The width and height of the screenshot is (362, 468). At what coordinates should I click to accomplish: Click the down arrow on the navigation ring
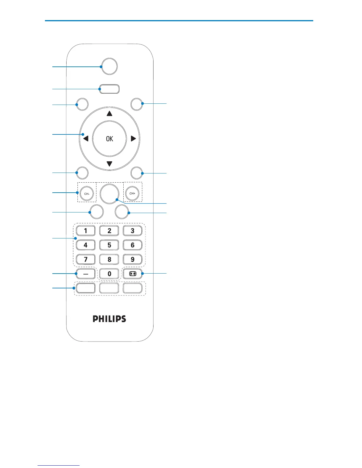(x=109, y=163)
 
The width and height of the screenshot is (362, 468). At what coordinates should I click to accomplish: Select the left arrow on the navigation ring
(x=85, y=139)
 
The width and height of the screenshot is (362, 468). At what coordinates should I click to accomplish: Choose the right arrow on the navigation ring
(x=133, y=139)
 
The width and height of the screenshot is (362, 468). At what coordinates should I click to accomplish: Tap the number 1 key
(x=86, y=231)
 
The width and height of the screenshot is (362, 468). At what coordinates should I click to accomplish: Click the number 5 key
(x=109, y=245)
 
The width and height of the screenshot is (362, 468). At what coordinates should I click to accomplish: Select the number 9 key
(x=132, y=259)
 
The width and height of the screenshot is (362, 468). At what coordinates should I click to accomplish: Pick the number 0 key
(x=109, y=274)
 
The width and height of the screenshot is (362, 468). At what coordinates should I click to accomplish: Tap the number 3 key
(x=132, y=231)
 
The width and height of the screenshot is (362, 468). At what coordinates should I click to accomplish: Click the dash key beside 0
(x=86, y=274)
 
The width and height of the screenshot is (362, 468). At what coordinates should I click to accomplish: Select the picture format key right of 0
(x=132, y=274)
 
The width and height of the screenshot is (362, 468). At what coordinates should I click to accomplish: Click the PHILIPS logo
(x=109, y=319)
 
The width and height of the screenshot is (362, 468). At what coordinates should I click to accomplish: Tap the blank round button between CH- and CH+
(x=109, y=194)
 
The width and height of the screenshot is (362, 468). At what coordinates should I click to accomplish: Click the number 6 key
(x=132, y=245)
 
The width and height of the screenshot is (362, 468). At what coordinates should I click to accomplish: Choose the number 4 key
(x=86, y=245)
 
